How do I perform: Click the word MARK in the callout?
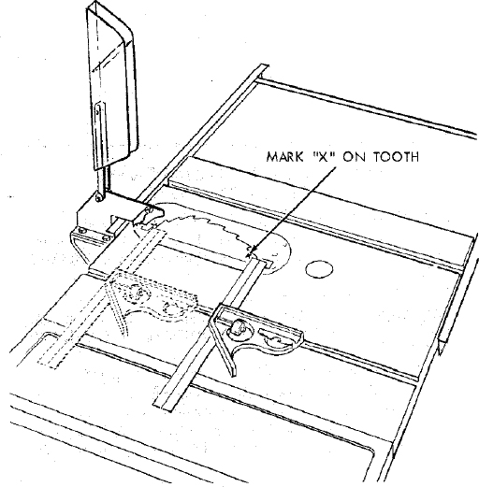click(x=284, y=157)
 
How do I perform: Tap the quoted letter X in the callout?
click(x=324, y=156)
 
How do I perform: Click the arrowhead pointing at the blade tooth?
click(x=253, y=249)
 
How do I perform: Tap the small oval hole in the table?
click(x=319, y=269)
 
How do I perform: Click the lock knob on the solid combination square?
click(x=238, y=327)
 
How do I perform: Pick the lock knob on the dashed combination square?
click(x=138, y=294)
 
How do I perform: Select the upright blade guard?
click(x=111, y=86)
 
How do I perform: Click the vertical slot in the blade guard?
click(x=99, y=137)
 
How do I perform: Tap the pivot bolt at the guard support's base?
click(x=98, y=197)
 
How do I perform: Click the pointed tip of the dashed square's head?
click(x=125, y=334)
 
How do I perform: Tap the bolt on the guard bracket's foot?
click(x=82, y=231)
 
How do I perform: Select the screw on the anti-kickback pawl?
click(x=148, y=210)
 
